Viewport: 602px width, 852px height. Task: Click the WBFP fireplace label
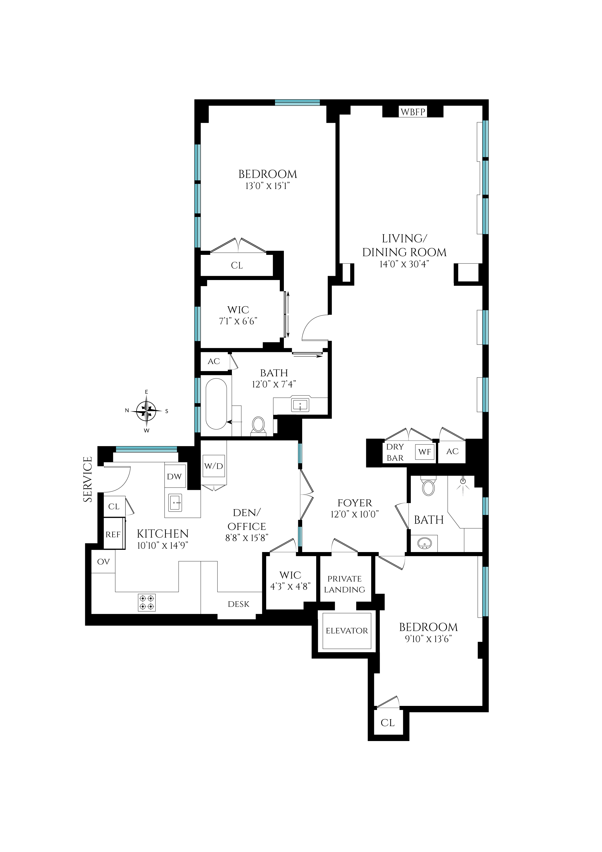(413, 112)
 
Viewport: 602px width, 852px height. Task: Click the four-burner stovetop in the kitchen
(147, 603)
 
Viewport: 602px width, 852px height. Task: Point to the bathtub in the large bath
(216, 404)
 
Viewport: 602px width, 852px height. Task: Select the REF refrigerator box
(113, 534)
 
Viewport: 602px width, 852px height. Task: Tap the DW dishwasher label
(174, 477)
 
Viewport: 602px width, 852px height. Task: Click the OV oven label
(103, 561)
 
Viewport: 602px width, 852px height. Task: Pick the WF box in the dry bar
(425, 452)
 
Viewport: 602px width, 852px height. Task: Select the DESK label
(238, 604)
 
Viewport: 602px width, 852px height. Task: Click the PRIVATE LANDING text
(344, 584)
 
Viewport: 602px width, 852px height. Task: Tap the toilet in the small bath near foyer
(428, 487)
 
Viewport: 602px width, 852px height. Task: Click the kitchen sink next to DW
(175, 503)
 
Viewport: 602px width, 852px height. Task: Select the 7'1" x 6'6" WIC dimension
(238, 321)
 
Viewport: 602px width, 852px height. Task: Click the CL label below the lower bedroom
(388, 723)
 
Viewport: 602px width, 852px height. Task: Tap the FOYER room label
(354, 503)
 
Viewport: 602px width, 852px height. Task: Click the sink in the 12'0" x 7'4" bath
(300, 405)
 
